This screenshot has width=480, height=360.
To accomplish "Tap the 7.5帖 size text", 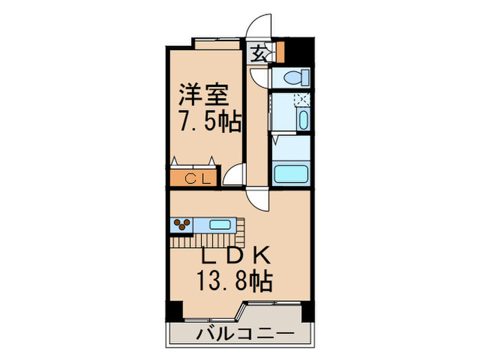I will [x=210, y=122].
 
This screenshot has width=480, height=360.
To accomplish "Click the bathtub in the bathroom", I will [x=293, y=173].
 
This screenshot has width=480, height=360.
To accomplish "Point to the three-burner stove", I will [x=183, y=225].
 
